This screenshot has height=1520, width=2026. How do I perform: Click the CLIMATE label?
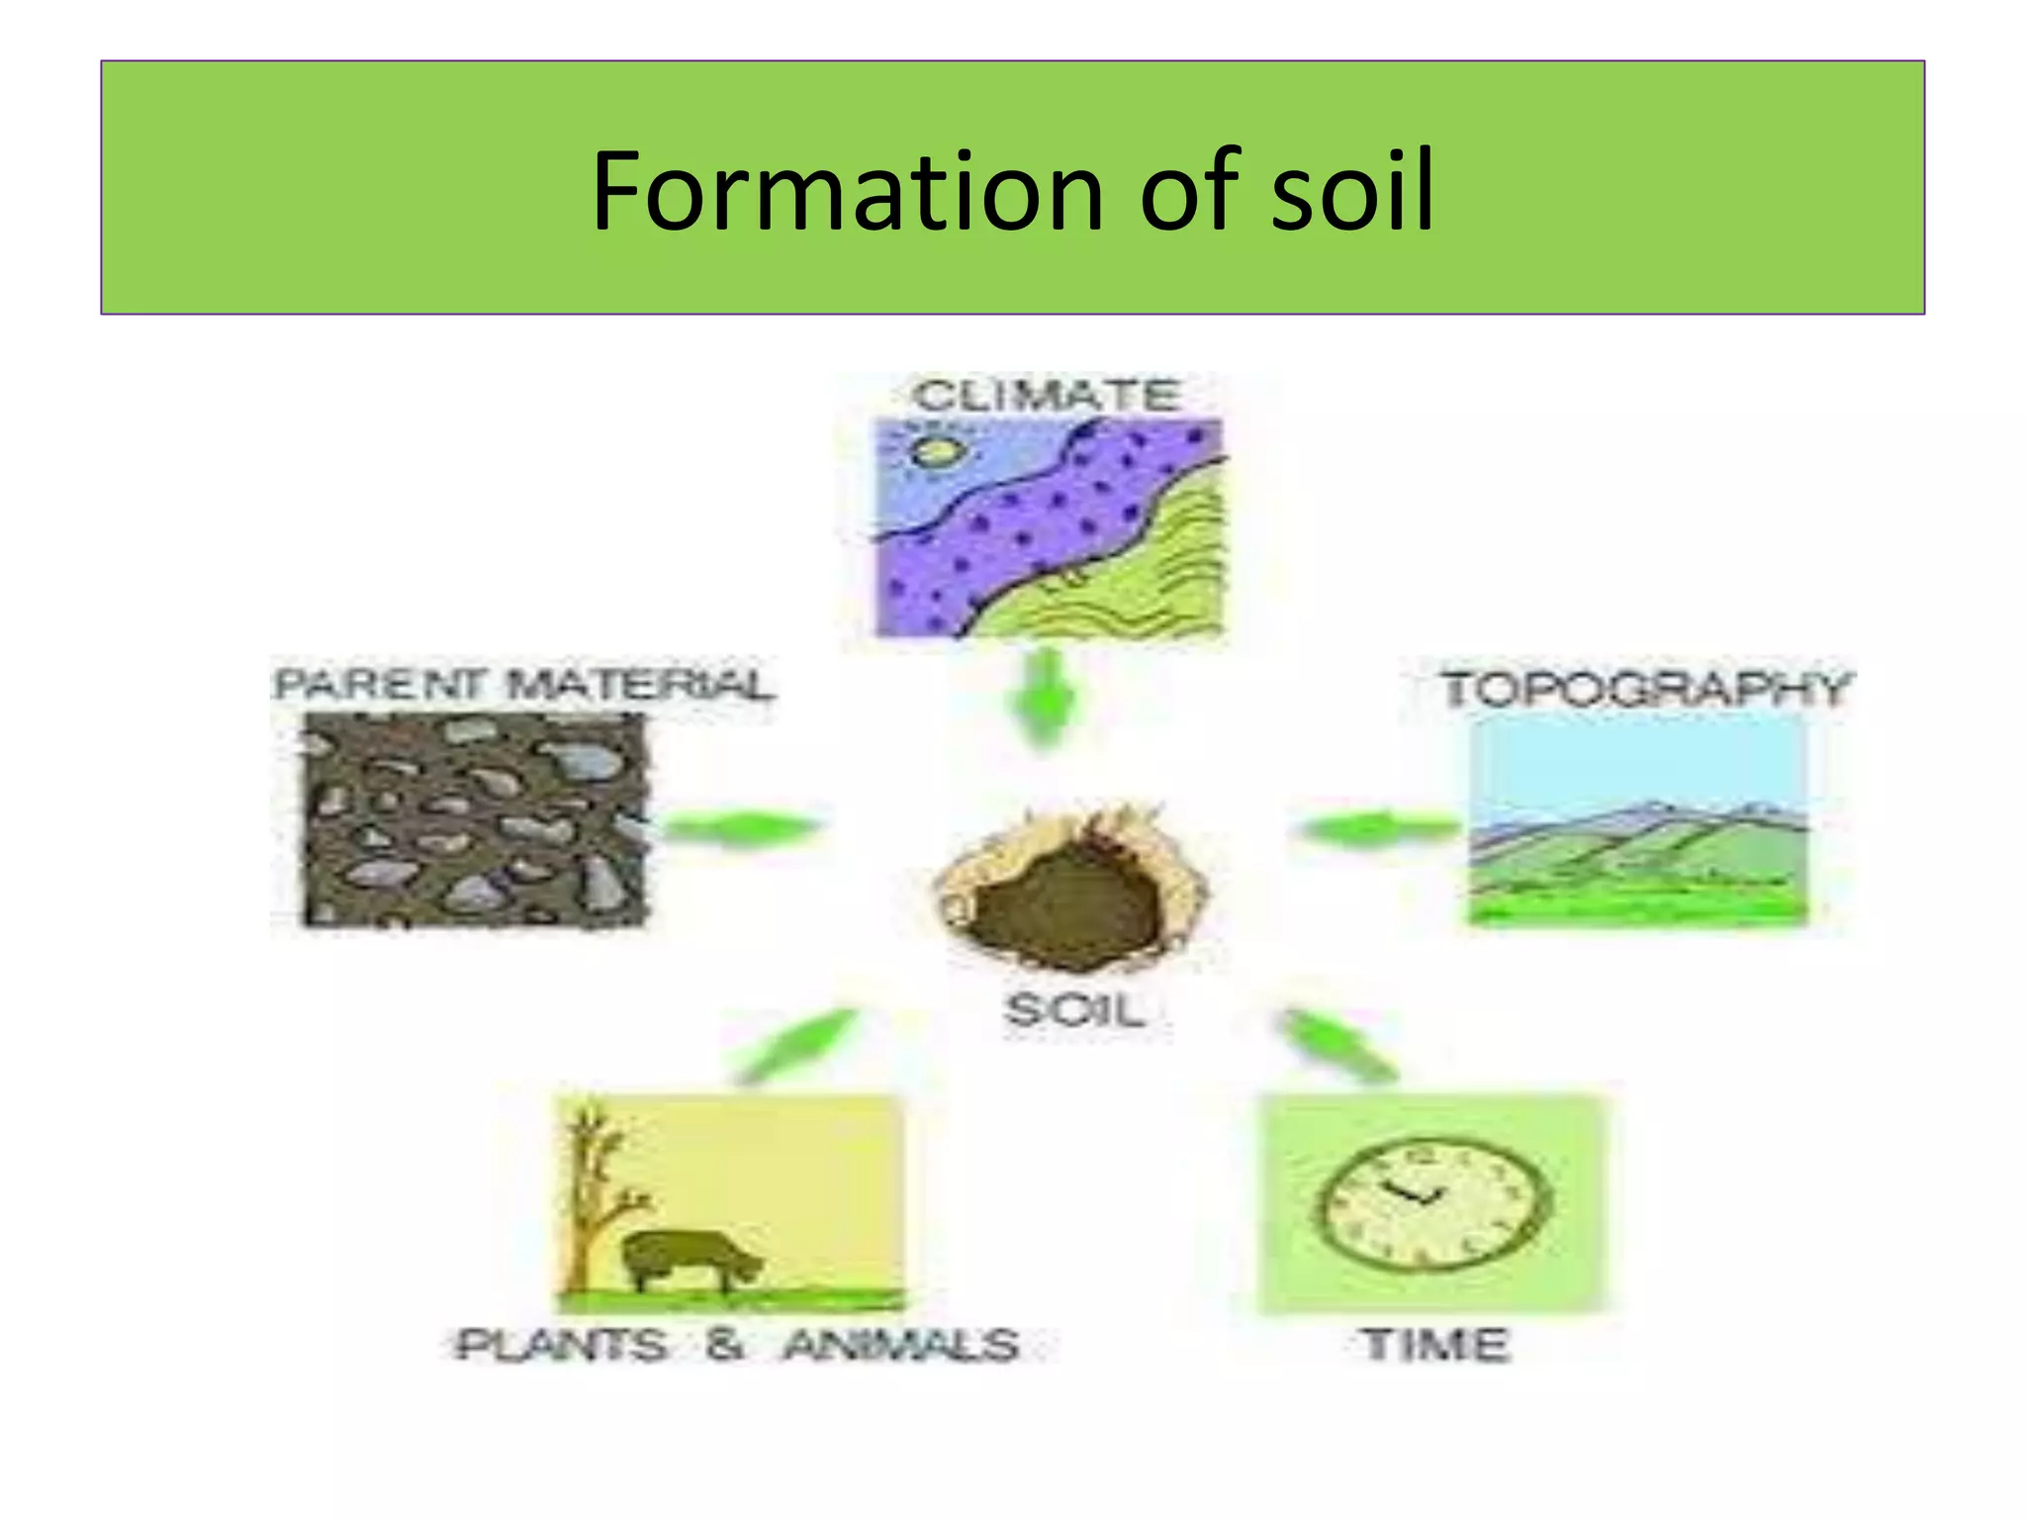pos(1047,395)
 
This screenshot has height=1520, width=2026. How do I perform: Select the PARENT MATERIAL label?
pos(523,685)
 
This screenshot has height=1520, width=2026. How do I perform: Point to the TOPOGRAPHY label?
pos(1644,689)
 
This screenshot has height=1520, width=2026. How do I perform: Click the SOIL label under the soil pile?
pos(1075,1010)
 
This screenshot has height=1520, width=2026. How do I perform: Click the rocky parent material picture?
pos(474,820)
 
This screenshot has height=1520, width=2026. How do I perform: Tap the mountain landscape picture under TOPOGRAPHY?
pos(1637,819)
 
